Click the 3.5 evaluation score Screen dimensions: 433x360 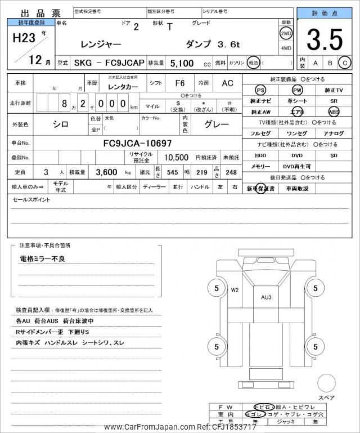pos(325,40)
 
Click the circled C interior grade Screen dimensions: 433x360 pos(345,63)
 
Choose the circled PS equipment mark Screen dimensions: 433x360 pos(260,90)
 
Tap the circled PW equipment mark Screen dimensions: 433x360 pos(297,90)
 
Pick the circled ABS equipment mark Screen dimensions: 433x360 pos(334,111)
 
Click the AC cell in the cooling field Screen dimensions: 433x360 pos(227,83)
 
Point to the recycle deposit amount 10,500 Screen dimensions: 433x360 pos(176,157)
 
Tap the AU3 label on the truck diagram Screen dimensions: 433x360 pos(266,297)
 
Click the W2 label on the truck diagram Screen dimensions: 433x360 pos(235,290)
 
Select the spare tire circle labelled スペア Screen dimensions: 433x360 pos(326,383)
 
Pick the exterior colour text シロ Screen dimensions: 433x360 pos(61,124)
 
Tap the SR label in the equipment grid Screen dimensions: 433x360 pos(334,101)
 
